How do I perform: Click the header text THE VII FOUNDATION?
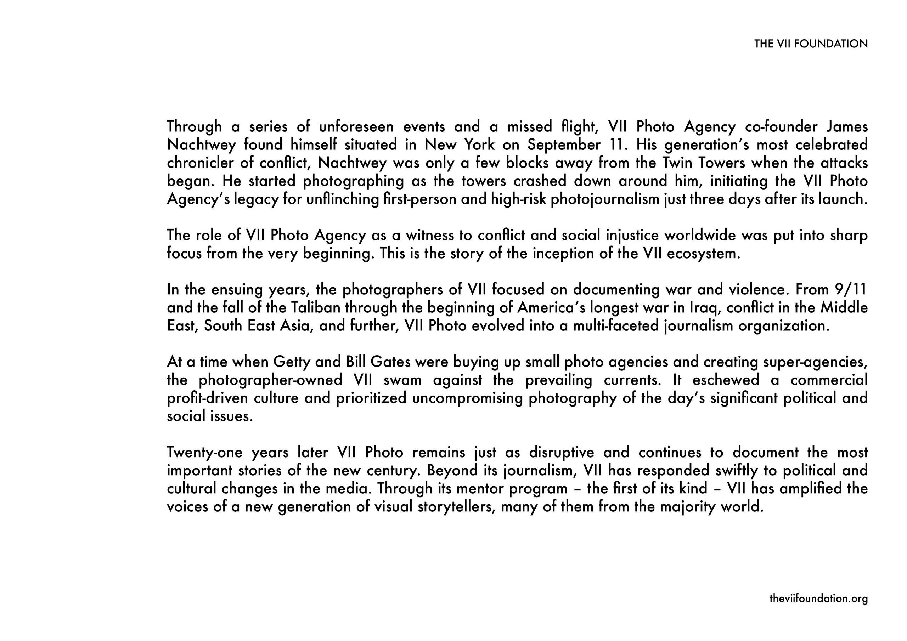[x=811, y=44]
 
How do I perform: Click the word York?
[x=479, y=145]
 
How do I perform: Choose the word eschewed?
[x=726, y=380]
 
